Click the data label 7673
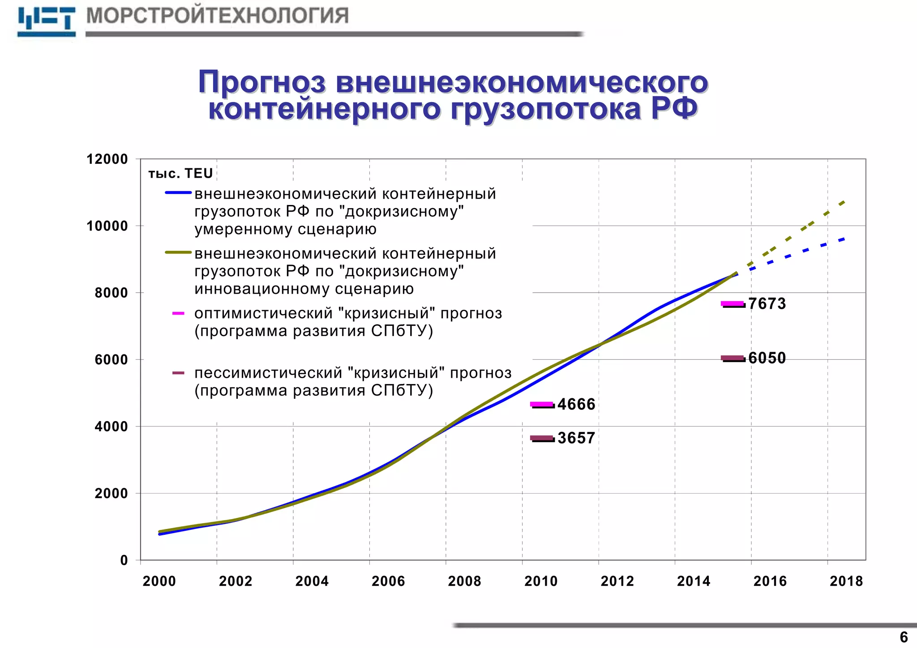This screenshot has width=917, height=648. tap(767, 304)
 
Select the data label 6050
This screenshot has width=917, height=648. tap(767, 358)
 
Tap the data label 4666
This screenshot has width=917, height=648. tap(576, 405)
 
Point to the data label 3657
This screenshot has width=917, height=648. tap(576, 438)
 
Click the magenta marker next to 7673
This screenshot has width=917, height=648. tap(733, 304)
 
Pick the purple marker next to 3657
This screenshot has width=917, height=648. tap(542, 438)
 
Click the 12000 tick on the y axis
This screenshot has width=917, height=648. tap(107, 159)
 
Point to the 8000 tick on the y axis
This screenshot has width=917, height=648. tap(111, 293)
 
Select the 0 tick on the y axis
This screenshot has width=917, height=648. tap(124, 560)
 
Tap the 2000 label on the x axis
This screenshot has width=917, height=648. tap(159, 581)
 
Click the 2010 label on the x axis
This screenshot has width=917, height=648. tap(541, 581)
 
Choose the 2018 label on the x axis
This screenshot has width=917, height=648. tap(846, 581)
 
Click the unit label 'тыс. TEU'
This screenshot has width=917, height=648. tap(180, 174)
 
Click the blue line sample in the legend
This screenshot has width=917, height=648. tap(178, 193)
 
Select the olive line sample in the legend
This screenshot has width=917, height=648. tap(178, 252)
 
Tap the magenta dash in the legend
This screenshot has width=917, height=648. tap(178, 313)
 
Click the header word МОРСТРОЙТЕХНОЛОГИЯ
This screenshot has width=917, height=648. tap(217, 16)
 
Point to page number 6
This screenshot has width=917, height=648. tap(904, 637)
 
